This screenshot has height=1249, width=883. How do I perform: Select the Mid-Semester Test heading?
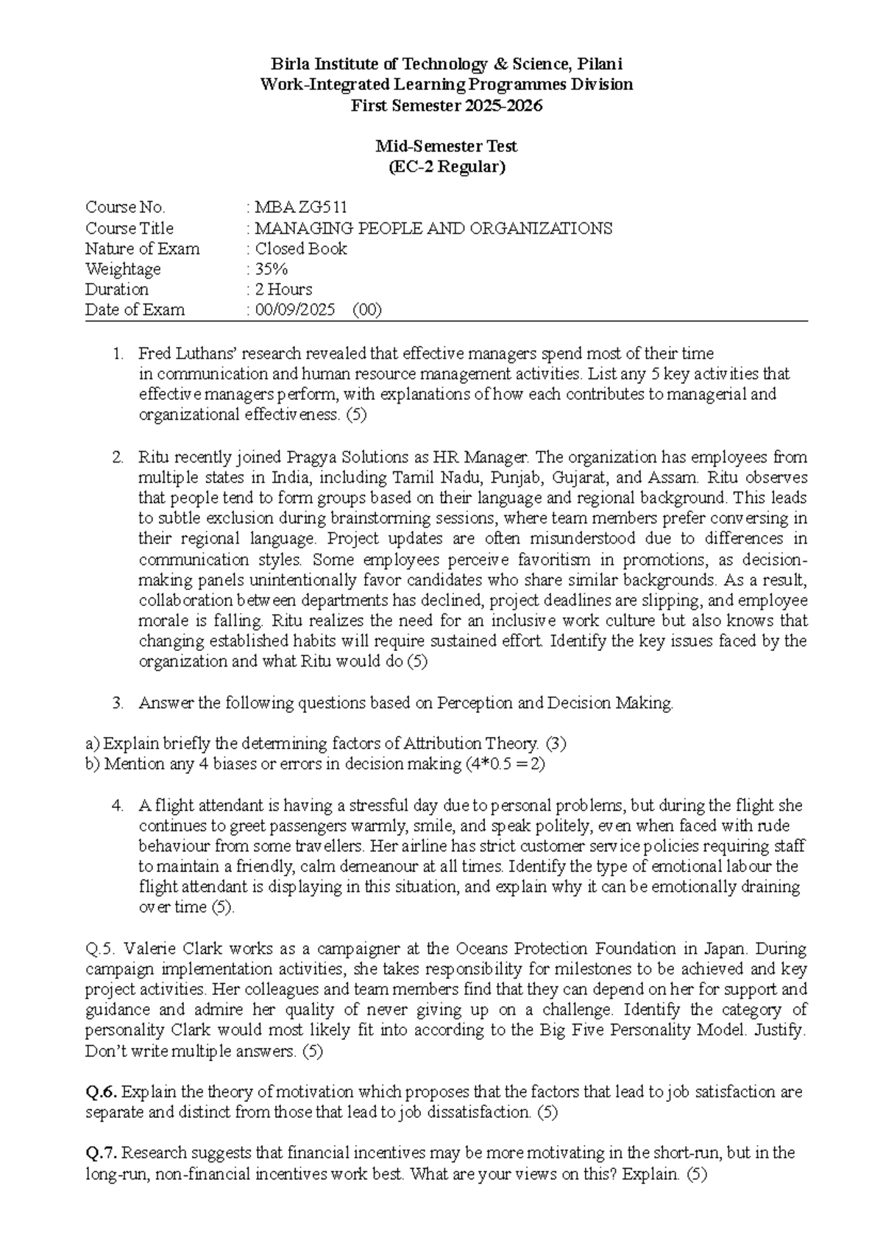[x=447, y=147]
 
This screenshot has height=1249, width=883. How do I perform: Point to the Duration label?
[x=116, y=289]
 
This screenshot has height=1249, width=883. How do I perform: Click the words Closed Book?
[x=300, y=249]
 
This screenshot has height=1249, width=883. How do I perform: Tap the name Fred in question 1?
[x=154, y=353]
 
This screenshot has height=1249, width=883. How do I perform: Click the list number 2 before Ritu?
[x=118, y=457]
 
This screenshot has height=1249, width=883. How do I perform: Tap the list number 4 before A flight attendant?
[x=118, y=806]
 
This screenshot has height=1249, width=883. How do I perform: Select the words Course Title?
[x=130, y=228]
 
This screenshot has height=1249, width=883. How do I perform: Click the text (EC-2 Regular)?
[x=447, y=167]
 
